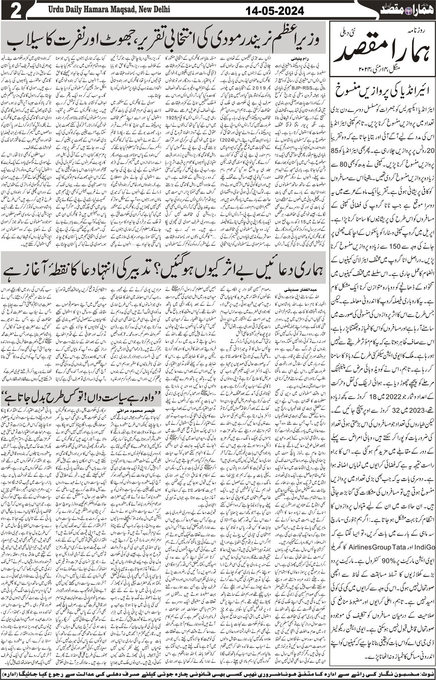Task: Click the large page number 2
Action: (12, 10)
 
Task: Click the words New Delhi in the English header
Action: (154, 9)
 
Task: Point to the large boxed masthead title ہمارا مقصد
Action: (382, 50)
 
